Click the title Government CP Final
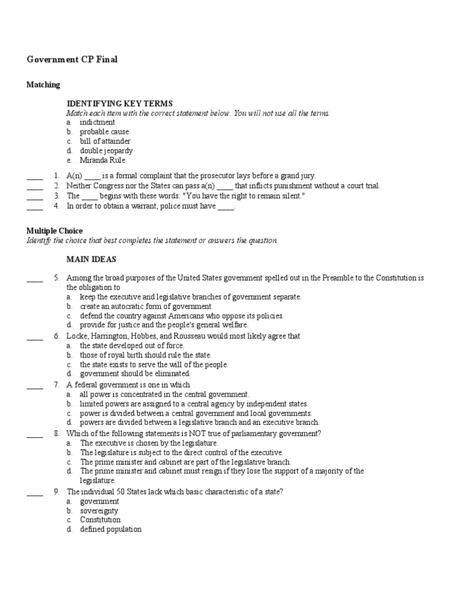(x=73, y=60)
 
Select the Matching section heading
(x=43, y=85)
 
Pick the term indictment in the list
(x=98, y=123)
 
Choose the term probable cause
(x=104, y=132)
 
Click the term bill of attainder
(x=105, y=141)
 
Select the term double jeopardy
(x=106, y=151)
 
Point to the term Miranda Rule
(x=103, y=160)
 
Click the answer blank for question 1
(x=35, y=176)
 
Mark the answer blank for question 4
(x=35, y=207)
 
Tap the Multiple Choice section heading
(x=54, y=231)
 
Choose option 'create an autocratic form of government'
(x=146, y=307)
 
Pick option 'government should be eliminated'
(x=135, y=374)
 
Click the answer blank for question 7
(x=35, y=385)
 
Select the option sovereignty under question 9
(x=99, y=511)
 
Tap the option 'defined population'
(x=111, y=530)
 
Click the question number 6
(x=57, y=336)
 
